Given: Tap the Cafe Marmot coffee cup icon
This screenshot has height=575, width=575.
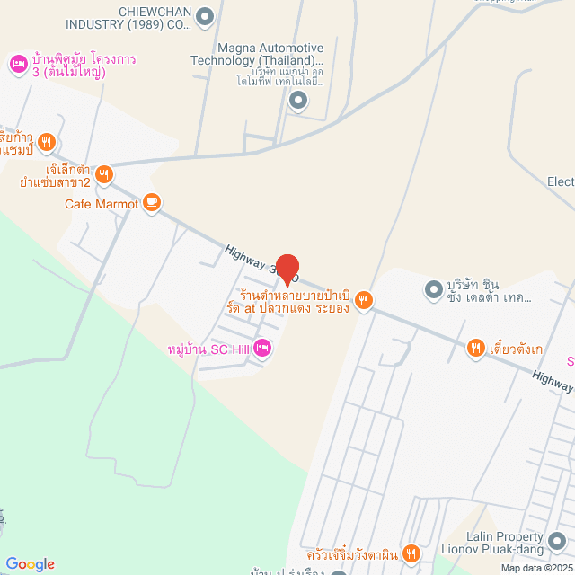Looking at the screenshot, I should tap(152, 204).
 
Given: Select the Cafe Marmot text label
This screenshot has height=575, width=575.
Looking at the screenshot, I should tap(102, 204).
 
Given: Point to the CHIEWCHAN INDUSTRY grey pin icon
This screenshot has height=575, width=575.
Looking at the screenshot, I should tap(206, 15).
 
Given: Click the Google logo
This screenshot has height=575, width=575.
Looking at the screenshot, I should tap(30, 563).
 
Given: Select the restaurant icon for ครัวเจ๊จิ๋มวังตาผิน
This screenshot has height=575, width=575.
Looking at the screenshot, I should tap(411, 553).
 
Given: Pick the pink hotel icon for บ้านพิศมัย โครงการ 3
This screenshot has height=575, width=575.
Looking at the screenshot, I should tap(17, 63).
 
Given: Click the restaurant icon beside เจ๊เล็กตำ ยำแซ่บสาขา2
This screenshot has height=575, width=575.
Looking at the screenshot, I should tap(104, 174).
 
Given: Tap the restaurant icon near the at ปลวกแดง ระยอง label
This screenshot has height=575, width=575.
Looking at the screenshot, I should tap(363, 300).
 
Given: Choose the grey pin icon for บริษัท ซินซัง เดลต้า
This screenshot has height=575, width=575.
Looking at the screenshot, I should tap(434, 290).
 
